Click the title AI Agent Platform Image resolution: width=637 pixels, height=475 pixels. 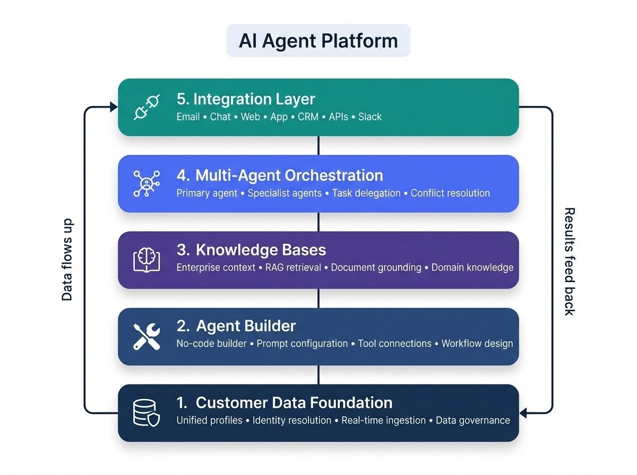click(x=318, y=41)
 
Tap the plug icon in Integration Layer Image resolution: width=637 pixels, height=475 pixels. click(x=147, y=107)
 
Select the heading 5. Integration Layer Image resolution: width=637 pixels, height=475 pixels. click(x=246, y=99)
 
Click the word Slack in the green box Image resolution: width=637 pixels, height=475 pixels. click(x=370, y=117)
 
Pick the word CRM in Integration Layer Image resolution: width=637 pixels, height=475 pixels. click(x=308, y=117)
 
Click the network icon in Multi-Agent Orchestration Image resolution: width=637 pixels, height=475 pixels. click(x=147, y=183)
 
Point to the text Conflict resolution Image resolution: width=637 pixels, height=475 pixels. click(x=450, y=193)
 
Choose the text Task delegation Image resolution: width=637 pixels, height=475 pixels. click(x=366, y=193)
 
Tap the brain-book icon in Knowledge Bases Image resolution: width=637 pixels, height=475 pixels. click(x=147, y=260)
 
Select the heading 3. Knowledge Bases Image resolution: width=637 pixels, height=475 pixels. click(x=251, y=250)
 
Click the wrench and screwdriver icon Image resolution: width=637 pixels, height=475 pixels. click(x=147, y=336)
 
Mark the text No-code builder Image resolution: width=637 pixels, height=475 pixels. click(x=211, y=344)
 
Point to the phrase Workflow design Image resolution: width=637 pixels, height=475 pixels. click(x=477, y=344)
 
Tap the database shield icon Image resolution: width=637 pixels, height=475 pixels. click(x=147, y=413)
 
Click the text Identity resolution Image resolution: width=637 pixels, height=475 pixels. click(x=292, y=420)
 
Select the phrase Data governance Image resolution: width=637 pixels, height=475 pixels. click(x=472, y=420)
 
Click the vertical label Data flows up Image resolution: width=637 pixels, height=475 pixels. click(x=67, y=260)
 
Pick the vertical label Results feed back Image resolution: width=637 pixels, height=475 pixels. click(x=569, y=261)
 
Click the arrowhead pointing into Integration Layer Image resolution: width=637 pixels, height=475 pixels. click(x=114, y=107)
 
